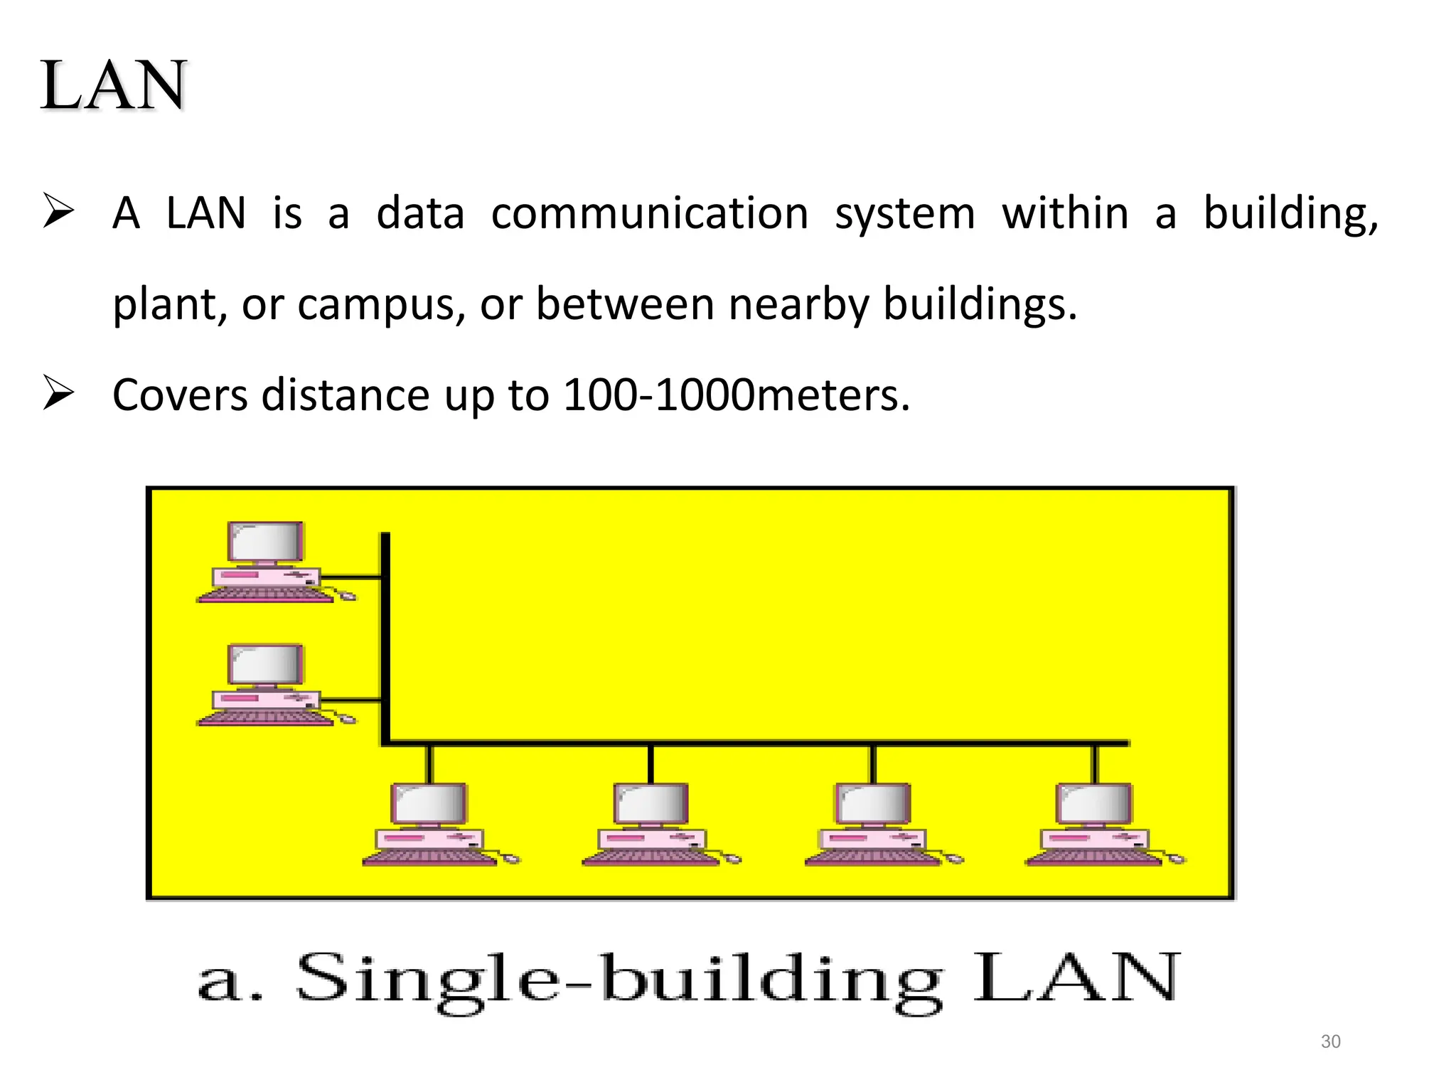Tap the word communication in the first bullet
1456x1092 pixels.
point(649,213)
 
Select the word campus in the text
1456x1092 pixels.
point(381,304)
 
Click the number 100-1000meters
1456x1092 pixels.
point(736,395)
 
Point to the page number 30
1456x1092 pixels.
point(1330,1042)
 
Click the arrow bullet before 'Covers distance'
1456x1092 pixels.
point(58,392)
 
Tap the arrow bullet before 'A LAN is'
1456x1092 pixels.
point(58,210)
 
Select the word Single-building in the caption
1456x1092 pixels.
point(619,980)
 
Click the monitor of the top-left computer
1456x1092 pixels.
point(265,542)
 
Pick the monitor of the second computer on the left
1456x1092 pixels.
point(265,665)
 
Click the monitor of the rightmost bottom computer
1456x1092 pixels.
point(1094,803)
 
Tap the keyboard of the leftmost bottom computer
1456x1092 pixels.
point(429,857)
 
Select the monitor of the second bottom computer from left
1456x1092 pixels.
point(651,803)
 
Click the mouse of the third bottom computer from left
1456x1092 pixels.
point(955,859)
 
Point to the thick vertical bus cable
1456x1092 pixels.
point(385,640)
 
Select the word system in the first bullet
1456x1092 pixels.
point(904,213)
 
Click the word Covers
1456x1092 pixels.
point(181,395)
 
